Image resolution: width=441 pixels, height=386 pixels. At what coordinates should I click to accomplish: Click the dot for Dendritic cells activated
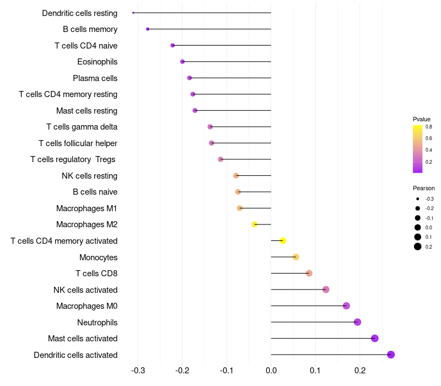click(x=391, y=355)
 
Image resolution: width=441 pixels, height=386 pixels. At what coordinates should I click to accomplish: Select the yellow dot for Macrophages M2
click(x=254, y=224)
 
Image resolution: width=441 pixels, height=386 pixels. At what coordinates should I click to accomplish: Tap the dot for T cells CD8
click(x=309, y=274)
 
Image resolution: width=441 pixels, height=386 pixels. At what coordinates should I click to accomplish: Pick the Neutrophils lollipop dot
click(x=357, y=322)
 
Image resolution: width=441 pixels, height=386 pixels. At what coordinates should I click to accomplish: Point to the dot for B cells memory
click(x=147, y=29)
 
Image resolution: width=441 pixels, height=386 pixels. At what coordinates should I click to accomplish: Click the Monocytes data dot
click(x=295, y=257)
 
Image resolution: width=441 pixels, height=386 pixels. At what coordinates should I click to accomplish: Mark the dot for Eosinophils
click(x=182, y=62)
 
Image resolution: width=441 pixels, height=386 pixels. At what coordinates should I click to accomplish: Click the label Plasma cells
click(x=95, y=78)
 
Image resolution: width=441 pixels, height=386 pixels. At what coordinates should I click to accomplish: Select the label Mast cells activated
click(x=83, y=339)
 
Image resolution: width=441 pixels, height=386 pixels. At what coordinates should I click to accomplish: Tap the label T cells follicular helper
click(x=78, y=143)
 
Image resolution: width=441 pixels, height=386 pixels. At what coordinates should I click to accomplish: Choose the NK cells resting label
click(x=89, y=176)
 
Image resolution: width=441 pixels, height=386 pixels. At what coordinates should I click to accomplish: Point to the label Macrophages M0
click(x=87, y=306)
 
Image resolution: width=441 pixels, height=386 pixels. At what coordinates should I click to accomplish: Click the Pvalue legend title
click(x=422, y=119)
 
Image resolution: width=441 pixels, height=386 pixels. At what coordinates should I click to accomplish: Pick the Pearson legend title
click(x=423, y=188)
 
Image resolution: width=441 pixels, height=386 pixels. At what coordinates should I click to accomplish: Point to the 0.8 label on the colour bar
click(x=428, y=127)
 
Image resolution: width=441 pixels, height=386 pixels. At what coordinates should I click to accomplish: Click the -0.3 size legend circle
click(x=418, y=199)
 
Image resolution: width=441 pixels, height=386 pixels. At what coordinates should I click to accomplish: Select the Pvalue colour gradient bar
click(x=417, y=149)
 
